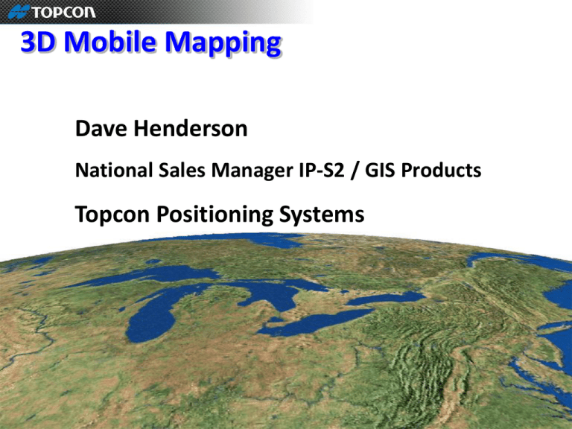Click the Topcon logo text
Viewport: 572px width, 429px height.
(64, 12)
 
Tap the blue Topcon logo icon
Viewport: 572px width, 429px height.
(19, 12)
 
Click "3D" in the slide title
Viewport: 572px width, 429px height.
(38, 42)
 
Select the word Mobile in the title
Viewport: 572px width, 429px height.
(109, 42)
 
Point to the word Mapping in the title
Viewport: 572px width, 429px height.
(223, 44)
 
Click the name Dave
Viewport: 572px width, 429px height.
(101, 128)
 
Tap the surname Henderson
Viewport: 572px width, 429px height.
(191, 128)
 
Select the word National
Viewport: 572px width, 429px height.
(114, 170)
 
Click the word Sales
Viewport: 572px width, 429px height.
(182, 170)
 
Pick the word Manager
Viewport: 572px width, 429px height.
(252, 171)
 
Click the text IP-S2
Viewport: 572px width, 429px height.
(322, 170)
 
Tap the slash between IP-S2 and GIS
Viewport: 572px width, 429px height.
(354, 171)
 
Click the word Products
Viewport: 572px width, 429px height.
(441, 170)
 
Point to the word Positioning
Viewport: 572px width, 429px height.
(214, 214)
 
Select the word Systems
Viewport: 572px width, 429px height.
(322, 214)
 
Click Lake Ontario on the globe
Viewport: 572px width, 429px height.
(385, 299)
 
